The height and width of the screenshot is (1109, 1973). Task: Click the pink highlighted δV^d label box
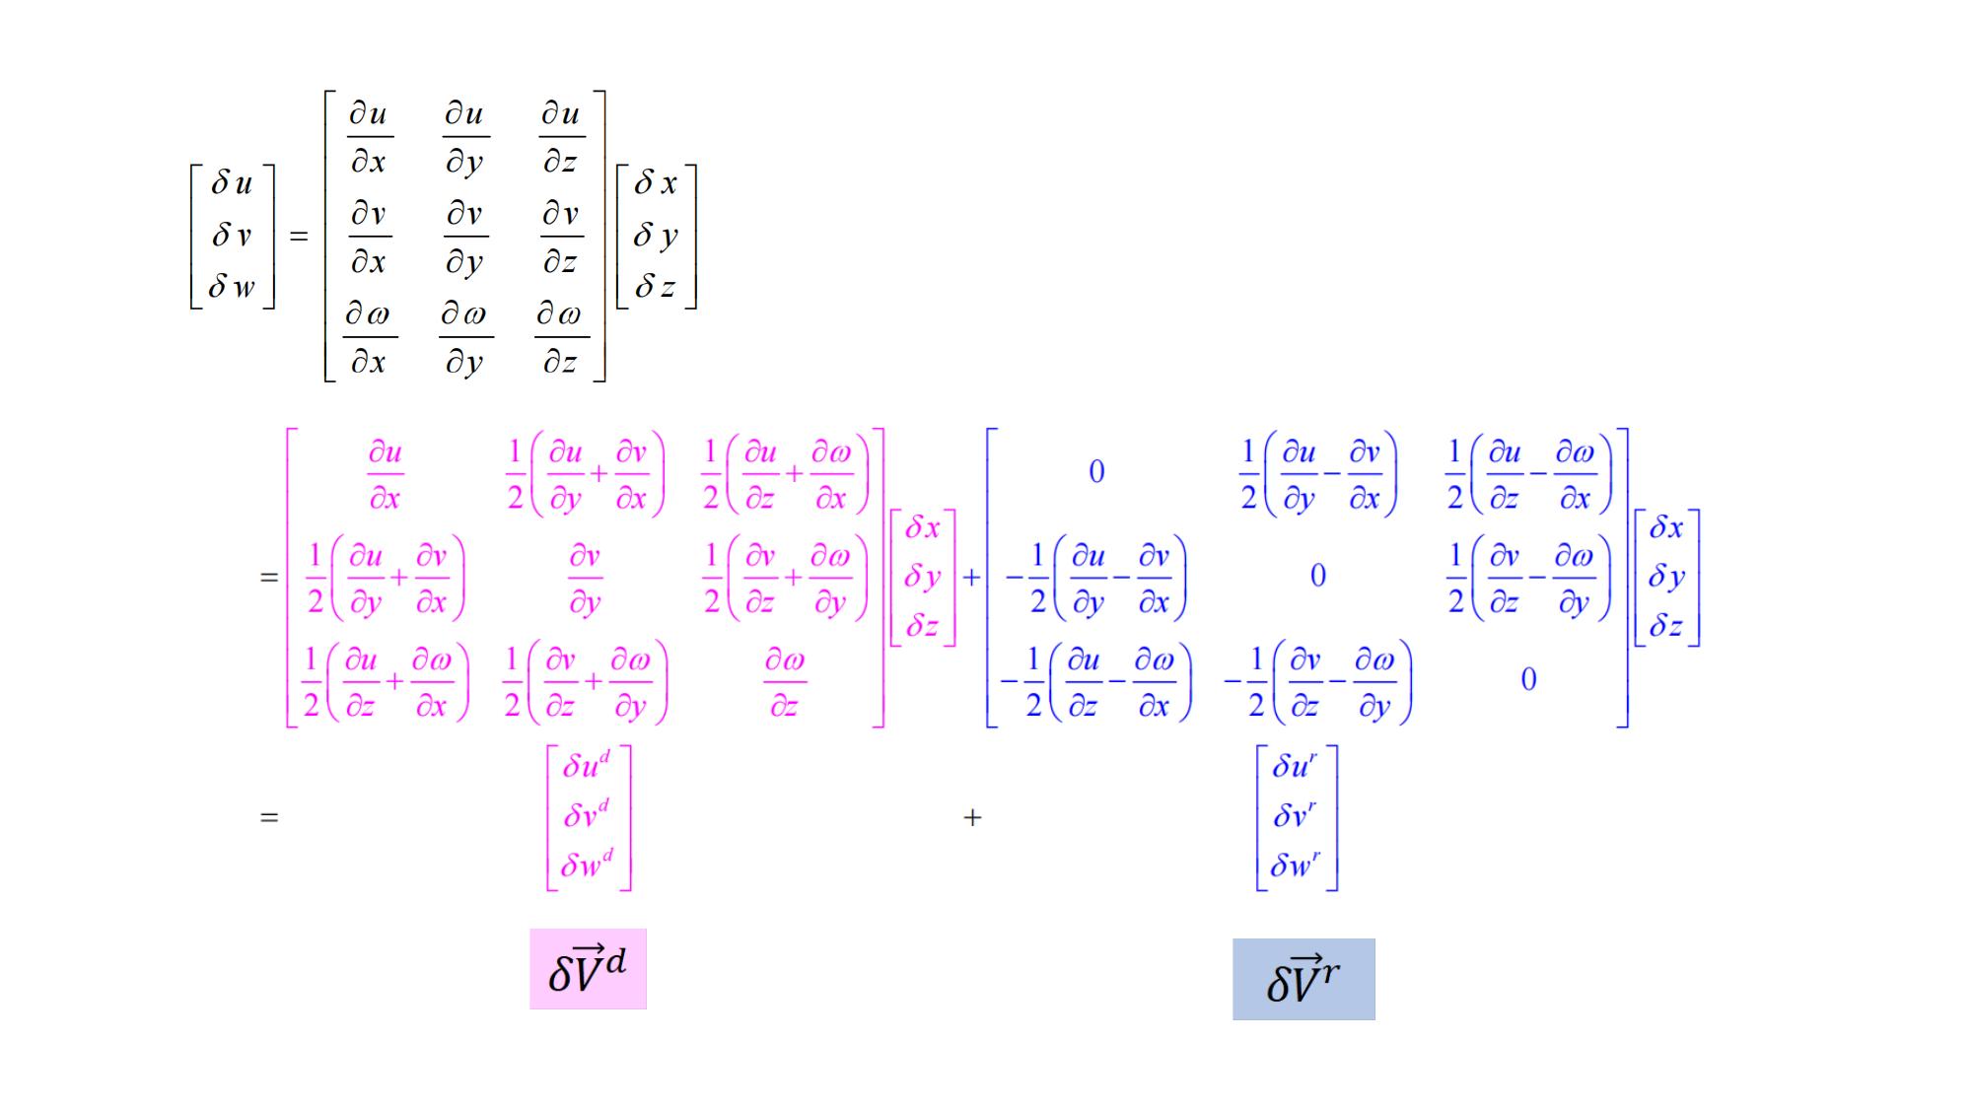coord(588,969)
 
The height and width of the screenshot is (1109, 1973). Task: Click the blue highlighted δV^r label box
coord(1304,979)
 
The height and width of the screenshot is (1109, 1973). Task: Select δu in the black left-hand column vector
coord(232,183)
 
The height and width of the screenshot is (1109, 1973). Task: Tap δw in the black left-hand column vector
coord(232,287)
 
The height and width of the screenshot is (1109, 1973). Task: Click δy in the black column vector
coord(656,236)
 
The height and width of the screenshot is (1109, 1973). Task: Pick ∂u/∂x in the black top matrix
coord(369,137)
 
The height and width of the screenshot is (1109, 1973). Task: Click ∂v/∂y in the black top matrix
coord(464,238)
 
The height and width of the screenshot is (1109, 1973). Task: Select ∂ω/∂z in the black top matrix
coord(560,338)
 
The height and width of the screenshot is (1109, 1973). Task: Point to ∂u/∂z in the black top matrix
coord(561,137)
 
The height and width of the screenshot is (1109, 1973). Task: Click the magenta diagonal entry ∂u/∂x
coord(386,475)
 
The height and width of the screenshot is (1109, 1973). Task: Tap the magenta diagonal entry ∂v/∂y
coord(585,580)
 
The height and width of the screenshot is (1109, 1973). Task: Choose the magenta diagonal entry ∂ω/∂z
coord(785,682)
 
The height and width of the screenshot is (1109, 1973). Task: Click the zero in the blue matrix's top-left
coord(1096,472)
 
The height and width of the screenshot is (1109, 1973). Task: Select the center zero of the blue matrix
coord(1318,576)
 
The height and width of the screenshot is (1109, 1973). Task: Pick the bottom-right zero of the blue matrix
coord(1528,679)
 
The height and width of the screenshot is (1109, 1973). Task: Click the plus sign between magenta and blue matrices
coord(971,577)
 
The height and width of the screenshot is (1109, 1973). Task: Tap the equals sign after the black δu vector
coord(299,237)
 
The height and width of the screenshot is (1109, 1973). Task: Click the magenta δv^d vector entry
coord(587,815)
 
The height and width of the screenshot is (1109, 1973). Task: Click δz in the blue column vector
coord(1666,625)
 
